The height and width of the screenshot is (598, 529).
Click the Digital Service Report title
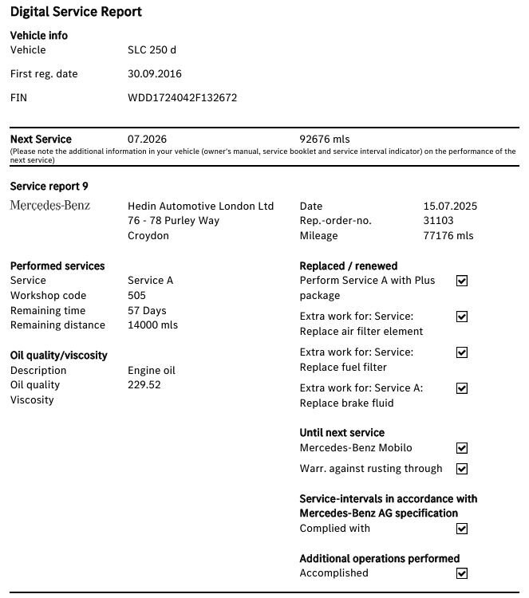[x=76, y=12]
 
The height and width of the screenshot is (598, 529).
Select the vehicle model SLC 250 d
[x=152, y=50]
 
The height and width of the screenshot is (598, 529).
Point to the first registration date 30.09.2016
[x=155, y=74]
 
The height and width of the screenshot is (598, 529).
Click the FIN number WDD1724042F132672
[x=182, y=98]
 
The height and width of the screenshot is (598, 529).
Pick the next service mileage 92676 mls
[x=324, y=140]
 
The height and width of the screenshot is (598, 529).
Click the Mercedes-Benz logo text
[x=50, y=206]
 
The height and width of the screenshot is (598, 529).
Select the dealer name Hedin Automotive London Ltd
[x=200, y=206]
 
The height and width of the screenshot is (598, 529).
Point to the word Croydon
[x=148, y=236]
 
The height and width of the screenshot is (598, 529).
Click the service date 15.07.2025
[x=450, y=206]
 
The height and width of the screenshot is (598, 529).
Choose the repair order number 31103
[x=438, y=221]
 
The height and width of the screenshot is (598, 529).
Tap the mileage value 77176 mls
[x=448, y=236]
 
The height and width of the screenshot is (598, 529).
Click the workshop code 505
[x=136, y=296]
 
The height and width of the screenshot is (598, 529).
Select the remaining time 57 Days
[x=147, y=311]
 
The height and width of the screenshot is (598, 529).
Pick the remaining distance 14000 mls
[x=152, y=325]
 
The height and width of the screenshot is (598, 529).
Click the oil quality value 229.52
[x=144, y=385]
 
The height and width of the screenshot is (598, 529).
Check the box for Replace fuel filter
[x=461, y=352]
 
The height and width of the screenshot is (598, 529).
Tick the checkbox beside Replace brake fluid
[x=461, y=388]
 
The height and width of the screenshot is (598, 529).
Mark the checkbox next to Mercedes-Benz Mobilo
[x=461, y=449]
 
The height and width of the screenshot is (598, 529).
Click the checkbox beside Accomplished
[x=461, y=573]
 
